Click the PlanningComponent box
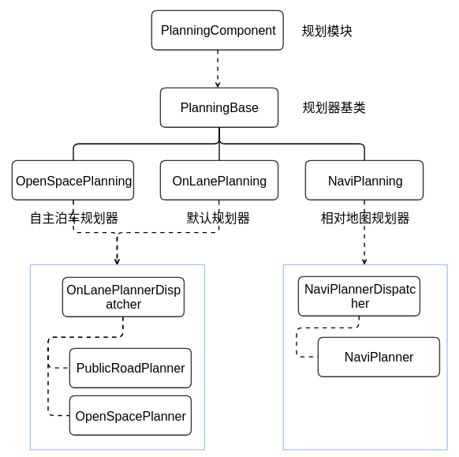[218, 31]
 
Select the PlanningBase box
[219, 107]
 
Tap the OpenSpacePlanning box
[73, 181]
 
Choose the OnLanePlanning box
[219, 181]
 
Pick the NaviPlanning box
[364, 181]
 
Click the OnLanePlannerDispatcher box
[123, 297]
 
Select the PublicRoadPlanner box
[130, 368]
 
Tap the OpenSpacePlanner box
[130, 416]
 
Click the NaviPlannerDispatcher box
[359, 296]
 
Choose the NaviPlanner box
[379, 357]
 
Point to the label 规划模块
[327, 32]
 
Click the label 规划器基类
[334, 108]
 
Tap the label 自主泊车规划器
[74, 219]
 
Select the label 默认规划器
[218, 219]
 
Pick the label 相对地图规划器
[365, 219]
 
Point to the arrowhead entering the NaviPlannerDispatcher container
[364, 260]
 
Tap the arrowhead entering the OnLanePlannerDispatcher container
[117, 260]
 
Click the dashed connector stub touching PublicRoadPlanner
[59, 368]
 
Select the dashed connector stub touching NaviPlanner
[308, 357]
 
